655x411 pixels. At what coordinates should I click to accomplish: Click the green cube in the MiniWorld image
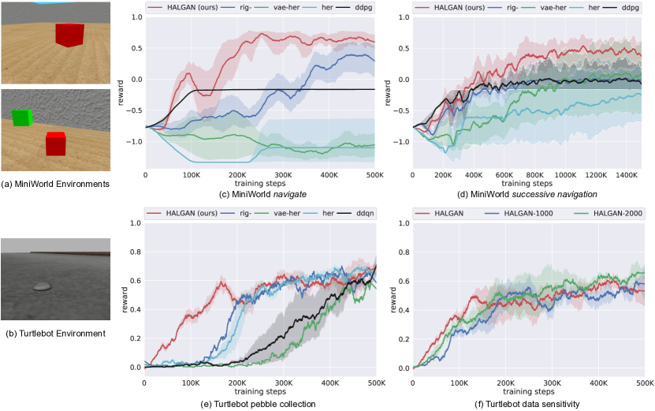point(22,118)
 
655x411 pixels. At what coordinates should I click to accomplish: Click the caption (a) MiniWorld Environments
point(54,185)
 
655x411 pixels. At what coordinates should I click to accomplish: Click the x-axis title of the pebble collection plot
point(260,390)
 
